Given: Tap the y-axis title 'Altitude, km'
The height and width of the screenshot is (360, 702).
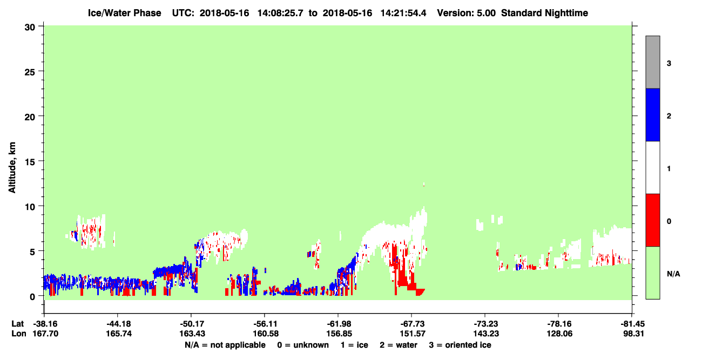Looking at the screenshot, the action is pos(12,168).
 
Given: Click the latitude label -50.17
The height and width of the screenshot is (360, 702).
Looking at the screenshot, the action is pos(192,324).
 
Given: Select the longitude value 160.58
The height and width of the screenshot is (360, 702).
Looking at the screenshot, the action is pos(266,334).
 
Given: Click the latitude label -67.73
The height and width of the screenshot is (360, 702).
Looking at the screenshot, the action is pos(413,324).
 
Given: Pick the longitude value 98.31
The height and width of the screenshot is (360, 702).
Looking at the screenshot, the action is pos(633,334).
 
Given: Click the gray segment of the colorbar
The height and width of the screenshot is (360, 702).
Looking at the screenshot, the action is pos(653,62).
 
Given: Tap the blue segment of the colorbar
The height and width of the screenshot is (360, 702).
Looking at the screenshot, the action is pos(653,114).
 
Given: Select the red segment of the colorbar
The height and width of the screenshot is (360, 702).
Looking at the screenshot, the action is pos(653,220).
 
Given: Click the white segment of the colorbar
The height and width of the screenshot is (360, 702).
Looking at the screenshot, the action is pos(653,168).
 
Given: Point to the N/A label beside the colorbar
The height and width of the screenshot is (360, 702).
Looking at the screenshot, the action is pos(673,274).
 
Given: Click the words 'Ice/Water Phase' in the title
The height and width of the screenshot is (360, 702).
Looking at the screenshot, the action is pos(124,13).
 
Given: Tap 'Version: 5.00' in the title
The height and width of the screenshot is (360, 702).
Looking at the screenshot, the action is pos(467,13).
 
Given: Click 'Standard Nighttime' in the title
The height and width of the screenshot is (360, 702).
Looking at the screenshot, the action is pos(545,13).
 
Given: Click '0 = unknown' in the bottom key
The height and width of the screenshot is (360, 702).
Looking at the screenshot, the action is pos(303,345).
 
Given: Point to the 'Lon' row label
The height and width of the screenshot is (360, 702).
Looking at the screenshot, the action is pos(19,334).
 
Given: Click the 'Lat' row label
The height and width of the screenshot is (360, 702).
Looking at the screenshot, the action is pos(17,324).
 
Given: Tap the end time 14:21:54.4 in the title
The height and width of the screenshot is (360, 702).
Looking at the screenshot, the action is pos(403,13).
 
